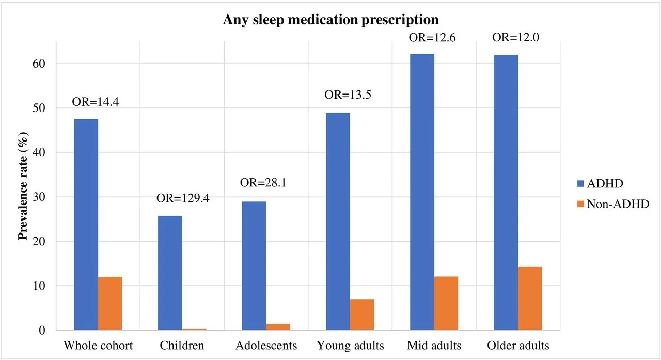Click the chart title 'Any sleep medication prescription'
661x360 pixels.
(x=330, y=20)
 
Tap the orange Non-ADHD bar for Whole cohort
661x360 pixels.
(x=110, y=303)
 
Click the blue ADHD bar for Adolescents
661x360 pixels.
(x=254, y=265)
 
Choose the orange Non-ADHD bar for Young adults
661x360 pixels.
(x=362, y=314)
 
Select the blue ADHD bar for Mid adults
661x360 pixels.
(x=422, y=192)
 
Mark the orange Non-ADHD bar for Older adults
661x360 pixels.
(x=530, y=298)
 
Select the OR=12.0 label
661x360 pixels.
(x=515, y=37)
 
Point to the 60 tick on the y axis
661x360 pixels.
(x=42, y=64)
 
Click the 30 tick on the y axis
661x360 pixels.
(x=42, y=197)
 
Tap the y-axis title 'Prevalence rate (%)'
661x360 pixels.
(x=23, y=197)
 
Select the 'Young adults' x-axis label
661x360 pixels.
(x=350, y=345)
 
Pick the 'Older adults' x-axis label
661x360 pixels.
(x=518, y=345)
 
